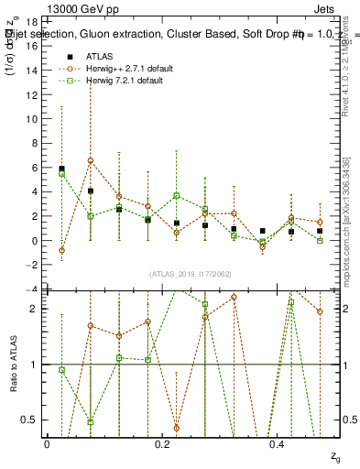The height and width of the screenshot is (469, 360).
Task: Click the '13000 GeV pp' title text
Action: click(43, 7)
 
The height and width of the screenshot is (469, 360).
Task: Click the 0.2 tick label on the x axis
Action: click(162, 444)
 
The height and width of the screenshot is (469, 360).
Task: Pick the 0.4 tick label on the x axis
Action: click(278, 444)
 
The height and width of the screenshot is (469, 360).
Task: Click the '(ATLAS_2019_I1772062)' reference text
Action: click(191, 274)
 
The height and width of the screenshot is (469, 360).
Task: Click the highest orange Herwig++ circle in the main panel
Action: click(91, 161)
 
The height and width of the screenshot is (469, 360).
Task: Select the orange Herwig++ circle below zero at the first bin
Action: click(61, 250)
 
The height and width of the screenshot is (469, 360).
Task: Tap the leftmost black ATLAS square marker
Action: click(61, 169)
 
